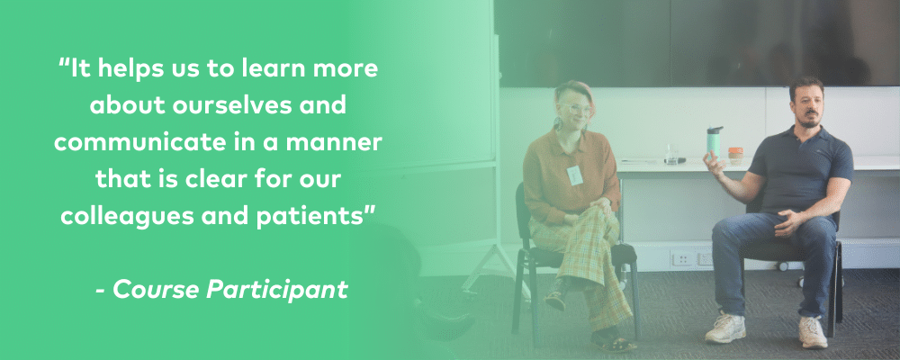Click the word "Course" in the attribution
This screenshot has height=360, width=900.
coord(156,290)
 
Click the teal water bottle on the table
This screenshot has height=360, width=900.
coord(715,141)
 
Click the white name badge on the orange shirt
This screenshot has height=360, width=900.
coord(574,175)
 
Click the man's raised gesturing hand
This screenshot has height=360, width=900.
coord(714,166)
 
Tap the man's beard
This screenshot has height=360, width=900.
coord(810,120)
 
